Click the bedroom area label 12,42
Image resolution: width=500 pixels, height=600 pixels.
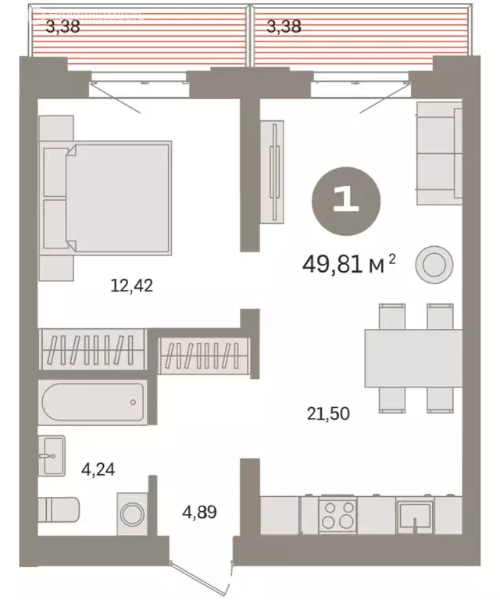click(x=131, y=285)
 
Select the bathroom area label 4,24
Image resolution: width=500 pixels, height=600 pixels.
click(x=99, y=470)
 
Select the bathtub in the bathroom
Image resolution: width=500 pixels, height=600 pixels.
click(x=93, y=402)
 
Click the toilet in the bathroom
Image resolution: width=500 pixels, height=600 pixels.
click(x=58, y=509)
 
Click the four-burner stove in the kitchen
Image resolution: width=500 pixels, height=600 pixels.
click(x=339, y=516)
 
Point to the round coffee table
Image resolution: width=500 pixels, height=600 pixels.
click(x=433, y=265)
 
